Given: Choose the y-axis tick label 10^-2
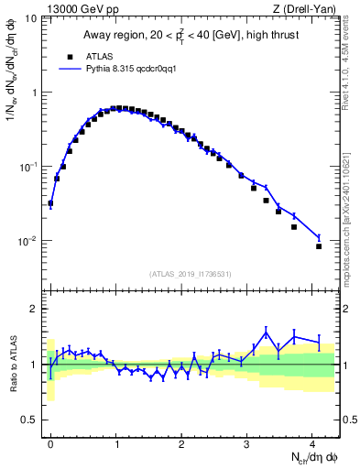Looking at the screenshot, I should tap(30, 241).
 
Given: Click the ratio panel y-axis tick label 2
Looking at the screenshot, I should tap(36, 309).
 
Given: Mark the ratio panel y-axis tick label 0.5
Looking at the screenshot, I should tap(32, 420).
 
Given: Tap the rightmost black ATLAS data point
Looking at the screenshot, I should tap(319, 246).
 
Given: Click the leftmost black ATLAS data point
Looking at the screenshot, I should tap(50, 203).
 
